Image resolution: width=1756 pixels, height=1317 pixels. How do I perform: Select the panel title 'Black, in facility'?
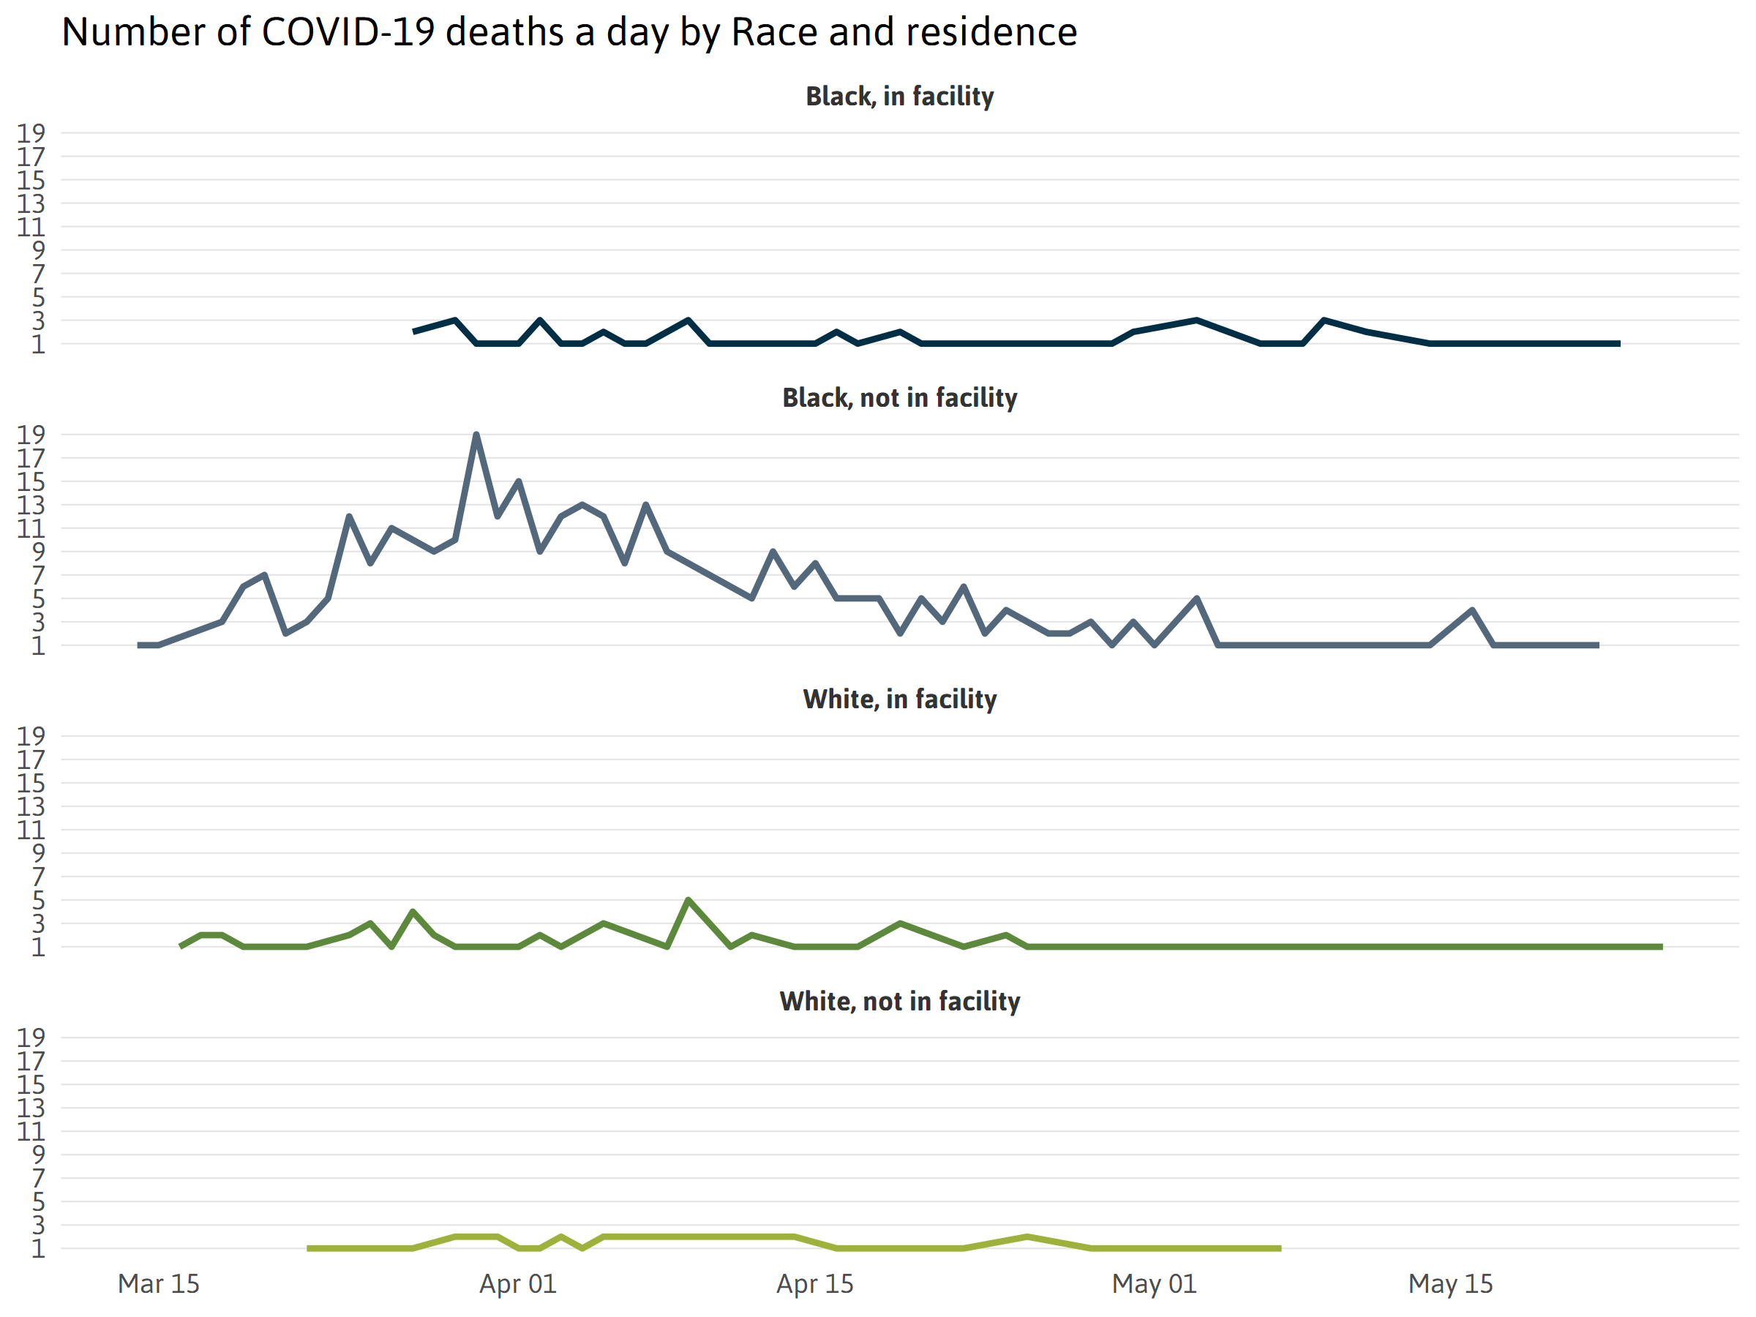899,97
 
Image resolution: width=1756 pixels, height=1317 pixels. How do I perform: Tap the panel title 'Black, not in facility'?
899,398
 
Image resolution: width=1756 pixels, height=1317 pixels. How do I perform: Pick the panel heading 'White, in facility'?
899,699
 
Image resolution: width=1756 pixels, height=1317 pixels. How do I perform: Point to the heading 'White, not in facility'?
899,1002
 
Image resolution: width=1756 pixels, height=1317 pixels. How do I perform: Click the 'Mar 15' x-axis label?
159,1283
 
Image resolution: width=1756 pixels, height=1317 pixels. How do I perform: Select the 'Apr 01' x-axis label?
517,1283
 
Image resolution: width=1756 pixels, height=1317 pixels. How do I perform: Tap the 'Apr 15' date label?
814,1283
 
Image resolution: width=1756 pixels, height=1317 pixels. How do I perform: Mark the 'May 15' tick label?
1450,1283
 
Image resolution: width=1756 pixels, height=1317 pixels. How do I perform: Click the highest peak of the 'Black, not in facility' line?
476,435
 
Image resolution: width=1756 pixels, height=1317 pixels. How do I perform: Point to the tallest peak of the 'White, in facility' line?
688,900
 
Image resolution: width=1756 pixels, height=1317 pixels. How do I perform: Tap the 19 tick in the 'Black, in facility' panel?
31,133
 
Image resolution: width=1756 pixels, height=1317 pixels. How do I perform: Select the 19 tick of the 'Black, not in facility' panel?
31,435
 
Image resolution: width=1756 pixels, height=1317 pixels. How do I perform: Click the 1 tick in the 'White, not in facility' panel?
37,1249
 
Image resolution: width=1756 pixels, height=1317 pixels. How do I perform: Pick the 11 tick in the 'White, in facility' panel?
31,830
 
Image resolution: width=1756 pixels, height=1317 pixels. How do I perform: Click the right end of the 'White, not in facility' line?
1280,1249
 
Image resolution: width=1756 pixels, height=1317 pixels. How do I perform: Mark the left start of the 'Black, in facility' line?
414,331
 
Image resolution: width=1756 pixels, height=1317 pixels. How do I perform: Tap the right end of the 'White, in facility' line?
1661,946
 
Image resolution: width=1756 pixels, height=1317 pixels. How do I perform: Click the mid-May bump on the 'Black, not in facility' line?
1473,610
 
